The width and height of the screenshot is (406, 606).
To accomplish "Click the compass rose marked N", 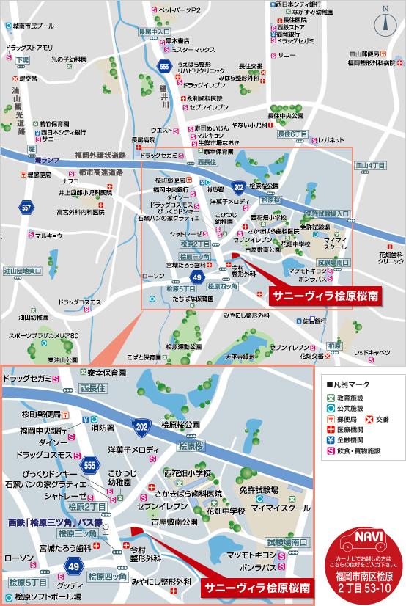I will click(384, 23).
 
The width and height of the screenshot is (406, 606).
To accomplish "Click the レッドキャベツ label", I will click(373, 352).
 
